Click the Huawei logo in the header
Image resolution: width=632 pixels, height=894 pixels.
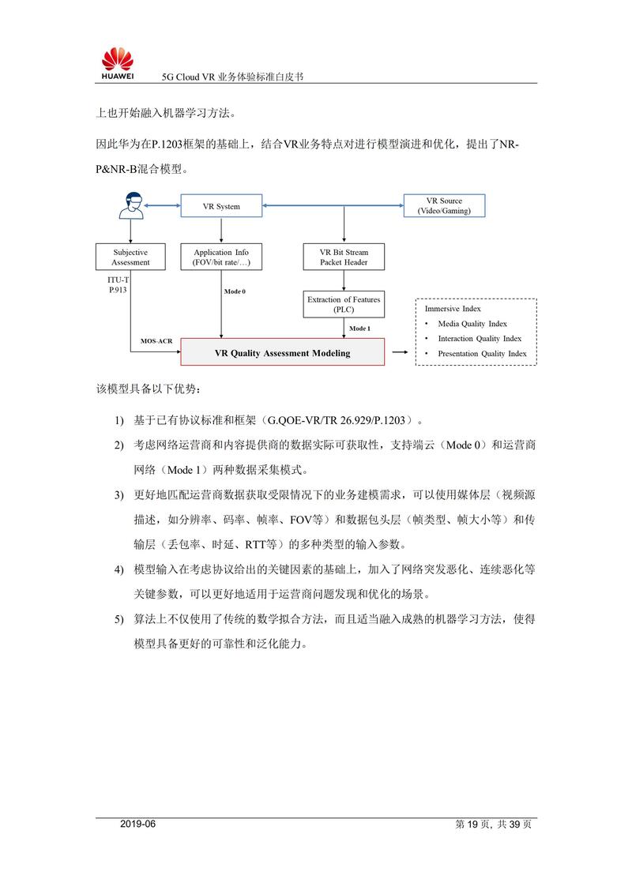[117, 62]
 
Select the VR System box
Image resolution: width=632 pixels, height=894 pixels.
[221, 207]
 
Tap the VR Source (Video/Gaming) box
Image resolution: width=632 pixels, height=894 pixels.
[444, 206]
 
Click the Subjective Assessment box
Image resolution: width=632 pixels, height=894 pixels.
[130, 257]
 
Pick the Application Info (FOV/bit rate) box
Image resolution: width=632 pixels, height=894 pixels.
[221, 257]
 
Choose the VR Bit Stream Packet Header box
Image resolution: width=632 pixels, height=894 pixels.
[344, 257]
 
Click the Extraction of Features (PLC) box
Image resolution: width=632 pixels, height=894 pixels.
[344, 304]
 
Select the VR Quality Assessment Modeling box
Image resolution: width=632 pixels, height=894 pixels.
[282, 353]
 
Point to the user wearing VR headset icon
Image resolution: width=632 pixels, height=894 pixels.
[130, 207]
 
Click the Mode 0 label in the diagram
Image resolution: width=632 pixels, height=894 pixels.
[235, 291]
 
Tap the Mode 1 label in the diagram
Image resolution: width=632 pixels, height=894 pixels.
[359, 328]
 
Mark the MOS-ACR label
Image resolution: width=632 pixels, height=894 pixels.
[156, 341]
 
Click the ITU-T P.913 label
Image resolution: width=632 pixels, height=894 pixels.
[118, 285]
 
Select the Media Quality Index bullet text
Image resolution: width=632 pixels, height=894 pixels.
[472, 324]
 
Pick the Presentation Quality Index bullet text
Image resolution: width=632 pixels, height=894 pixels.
[482, 354]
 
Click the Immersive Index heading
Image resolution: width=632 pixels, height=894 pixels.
[453, 309]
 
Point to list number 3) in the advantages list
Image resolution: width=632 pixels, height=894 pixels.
[118, 495]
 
